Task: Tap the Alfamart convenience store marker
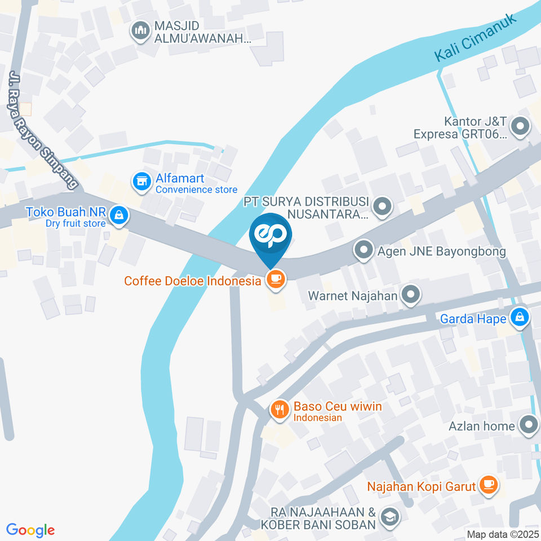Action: click(141, 181)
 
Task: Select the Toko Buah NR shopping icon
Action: click(119, 215)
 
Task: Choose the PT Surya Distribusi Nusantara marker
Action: click(383, 207)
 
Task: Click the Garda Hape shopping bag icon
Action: click(519, 318)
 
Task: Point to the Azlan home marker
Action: click(528, 425)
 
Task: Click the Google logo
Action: click(30, 530)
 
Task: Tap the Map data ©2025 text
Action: click(503, 534)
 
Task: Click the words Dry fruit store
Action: click(76, 223)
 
